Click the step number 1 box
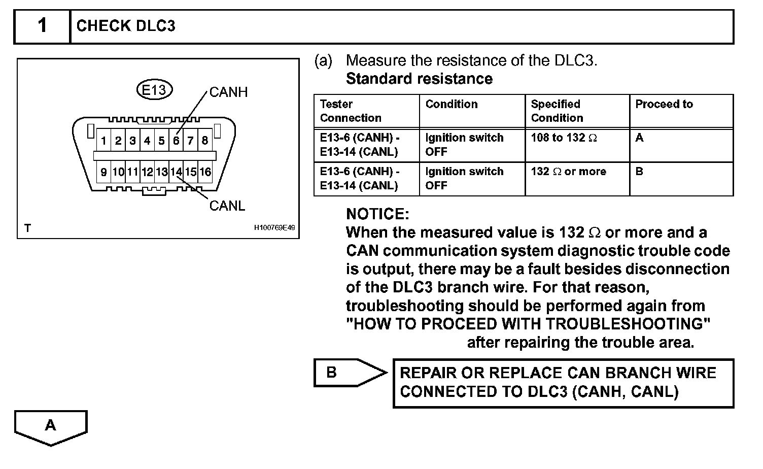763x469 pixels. coord(42,26)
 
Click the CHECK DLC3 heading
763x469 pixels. coord(126,26)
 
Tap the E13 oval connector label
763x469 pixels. coord(154,90)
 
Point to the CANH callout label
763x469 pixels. coord(228,92)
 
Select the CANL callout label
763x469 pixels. coord(227,206)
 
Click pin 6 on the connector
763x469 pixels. coord(176,141)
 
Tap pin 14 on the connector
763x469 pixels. coord(176,172)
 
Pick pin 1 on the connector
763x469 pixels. coord(103,141)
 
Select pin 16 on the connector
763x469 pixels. coord(205,172)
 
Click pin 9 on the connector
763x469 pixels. coord(103,172)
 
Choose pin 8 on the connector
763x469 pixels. coord(205,141)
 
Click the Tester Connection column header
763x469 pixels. coord(351,111)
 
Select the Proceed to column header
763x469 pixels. coord(664,104)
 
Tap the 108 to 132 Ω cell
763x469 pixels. coord(564,138)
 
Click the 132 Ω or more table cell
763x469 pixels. coord(568,172)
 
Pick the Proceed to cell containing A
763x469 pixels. coord(639,138)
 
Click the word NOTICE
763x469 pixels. coord(377,214)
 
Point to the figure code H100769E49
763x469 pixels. coord(274,228)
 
